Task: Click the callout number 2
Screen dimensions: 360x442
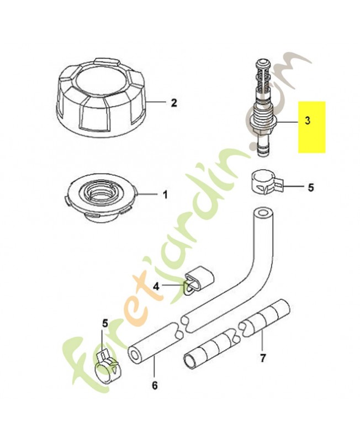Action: [x=174, y=103]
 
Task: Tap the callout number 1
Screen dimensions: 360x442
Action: [x=165, y=194]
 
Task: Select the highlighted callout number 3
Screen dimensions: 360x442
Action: [x=308, y=120]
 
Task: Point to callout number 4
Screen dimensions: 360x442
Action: [x=156, y=287]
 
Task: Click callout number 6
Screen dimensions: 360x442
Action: [x=155, y=386]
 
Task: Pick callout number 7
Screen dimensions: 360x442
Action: [x=262, y=358]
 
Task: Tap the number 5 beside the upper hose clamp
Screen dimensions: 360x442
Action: [x=310, y=187]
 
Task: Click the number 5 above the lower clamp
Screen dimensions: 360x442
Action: [x=105, y=324]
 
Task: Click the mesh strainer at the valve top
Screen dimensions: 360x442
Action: [x=262, y=75]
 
